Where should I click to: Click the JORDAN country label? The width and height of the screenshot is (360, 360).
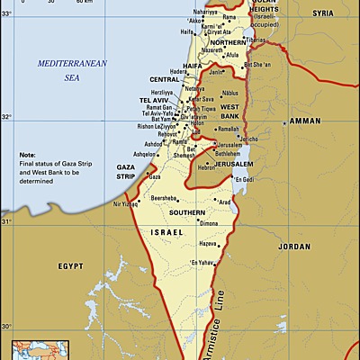[x=293, y=246]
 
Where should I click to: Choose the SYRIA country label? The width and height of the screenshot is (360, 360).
[x=321, y=14]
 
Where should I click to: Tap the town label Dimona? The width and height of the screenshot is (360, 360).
[x=209, y=222]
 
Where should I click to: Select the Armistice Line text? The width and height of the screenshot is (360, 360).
[x=219, y=310]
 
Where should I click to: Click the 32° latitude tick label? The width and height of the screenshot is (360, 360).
[x=7, y=117]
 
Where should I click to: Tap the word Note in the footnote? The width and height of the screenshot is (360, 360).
[x=28, y=155]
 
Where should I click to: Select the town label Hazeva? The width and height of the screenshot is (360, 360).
[x=209, y=244]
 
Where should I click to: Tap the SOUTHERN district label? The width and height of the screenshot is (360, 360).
[x=187, y=212]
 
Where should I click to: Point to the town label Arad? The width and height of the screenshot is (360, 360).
[x=225, y=202]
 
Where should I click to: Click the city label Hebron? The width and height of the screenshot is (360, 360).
[x=206, y=167]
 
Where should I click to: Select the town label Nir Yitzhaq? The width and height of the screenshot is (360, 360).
[x=127, y=204]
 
